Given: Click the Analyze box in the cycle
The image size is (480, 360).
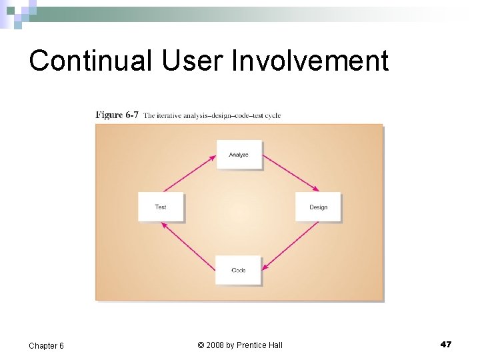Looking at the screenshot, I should (239, 155).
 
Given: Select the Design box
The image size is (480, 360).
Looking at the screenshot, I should (318, 207).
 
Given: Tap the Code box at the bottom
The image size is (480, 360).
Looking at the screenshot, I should (238, 270).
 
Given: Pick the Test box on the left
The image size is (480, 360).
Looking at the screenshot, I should (161, 207).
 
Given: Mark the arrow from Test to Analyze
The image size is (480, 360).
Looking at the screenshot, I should (189, 173).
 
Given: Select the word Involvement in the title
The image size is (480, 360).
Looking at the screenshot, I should (310, 61).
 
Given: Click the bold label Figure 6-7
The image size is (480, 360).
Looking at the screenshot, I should (117, 115).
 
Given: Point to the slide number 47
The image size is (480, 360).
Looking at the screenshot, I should (446, 344).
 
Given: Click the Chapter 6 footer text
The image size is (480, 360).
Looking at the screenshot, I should (46, 345).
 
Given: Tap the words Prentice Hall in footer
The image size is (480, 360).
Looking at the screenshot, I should (261, 345).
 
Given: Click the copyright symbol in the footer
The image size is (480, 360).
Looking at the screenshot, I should (201, 345).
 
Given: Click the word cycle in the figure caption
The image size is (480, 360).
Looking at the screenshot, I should (273, 115).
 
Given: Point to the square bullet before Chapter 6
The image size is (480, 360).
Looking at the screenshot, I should (21, 345).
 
